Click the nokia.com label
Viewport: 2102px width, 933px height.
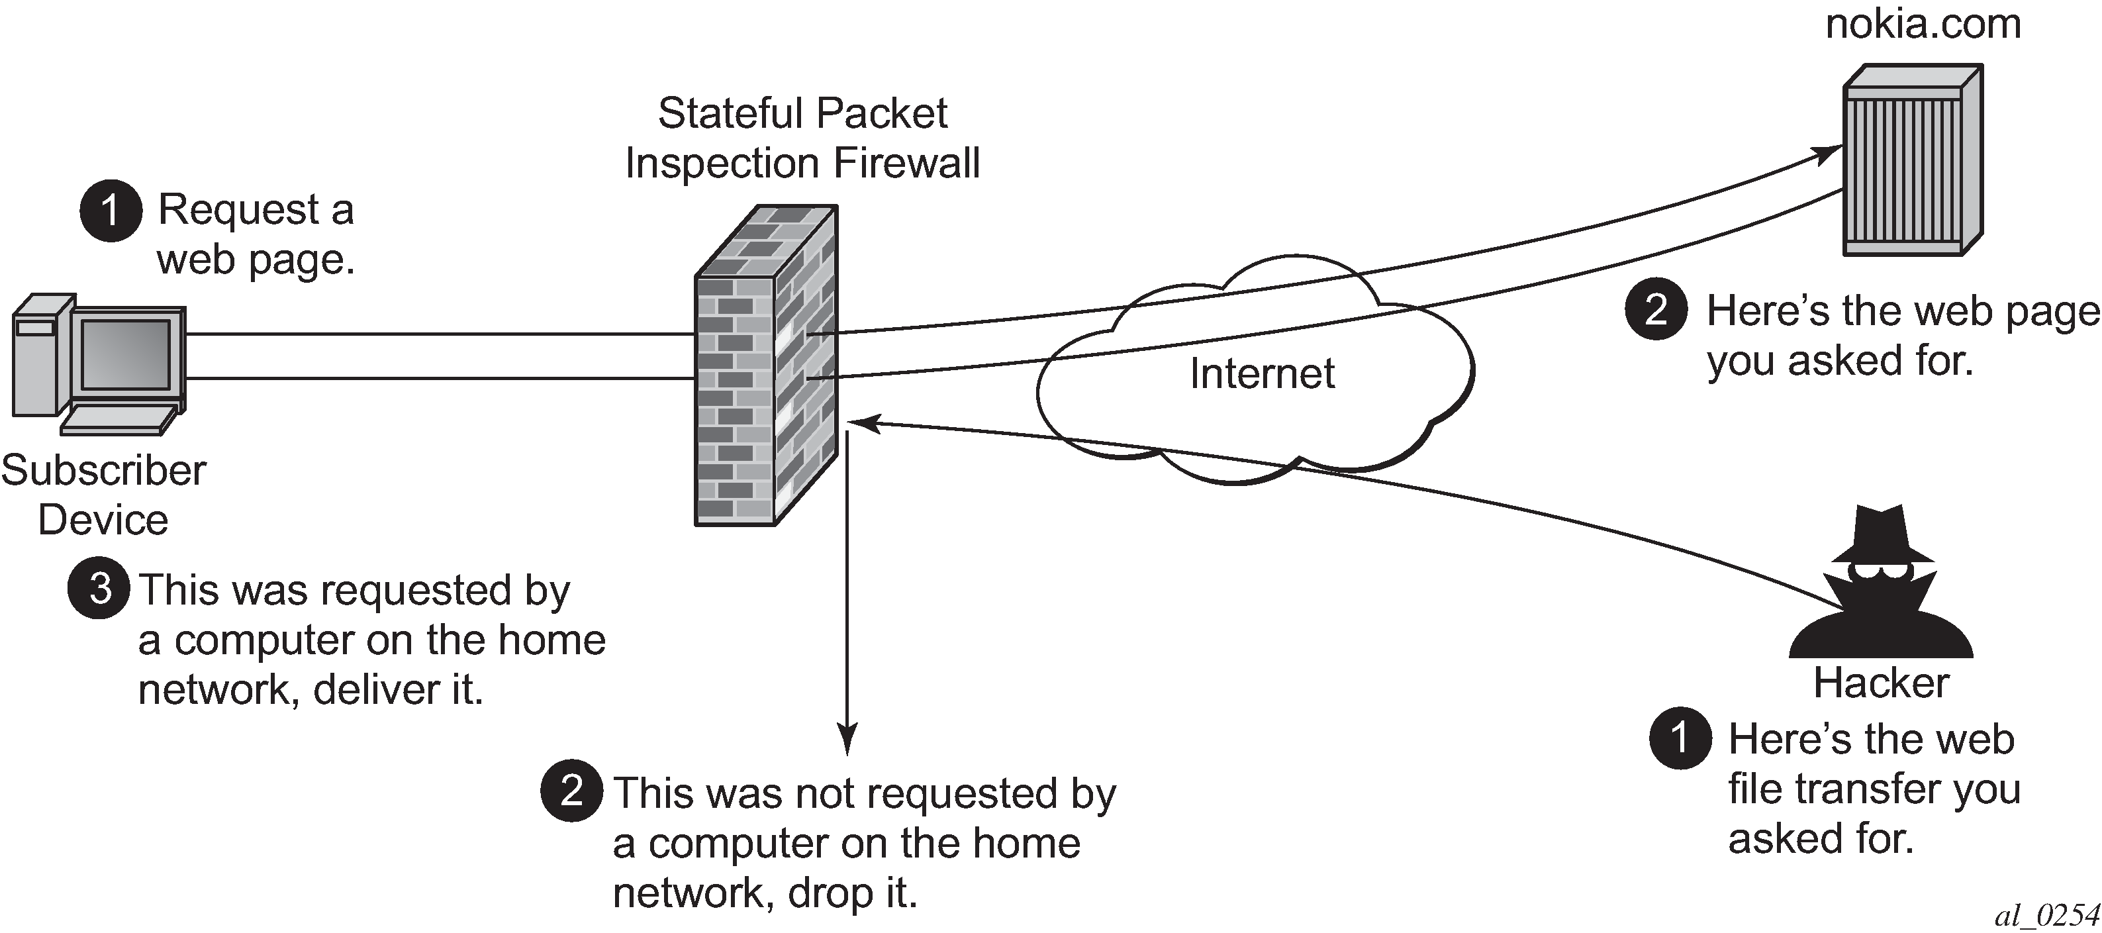pos(1923,25)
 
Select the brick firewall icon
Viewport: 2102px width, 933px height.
pos(765,368)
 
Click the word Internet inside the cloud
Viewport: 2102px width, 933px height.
pos(1261,374)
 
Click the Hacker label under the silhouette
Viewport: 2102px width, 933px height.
pos(1881,683)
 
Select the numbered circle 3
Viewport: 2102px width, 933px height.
pos(99,589)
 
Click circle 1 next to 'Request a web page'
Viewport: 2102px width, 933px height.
pos(111,211)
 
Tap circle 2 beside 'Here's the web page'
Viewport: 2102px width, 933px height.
pos(1656,310)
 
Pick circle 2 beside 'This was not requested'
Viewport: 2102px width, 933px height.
pos(572,790)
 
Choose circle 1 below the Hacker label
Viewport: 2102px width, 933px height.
pos(1680,738)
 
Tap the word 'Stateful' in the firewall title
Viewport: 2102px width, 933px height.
pos(732,113)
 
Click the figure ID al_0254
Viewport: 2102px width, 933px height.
pos(2046,916)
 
